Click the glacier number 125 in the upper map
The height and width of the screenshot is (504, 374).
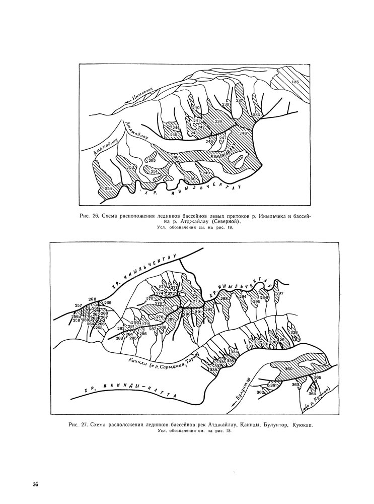(x=295, y=82)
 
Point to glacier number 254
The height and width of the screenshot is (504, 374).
(x=108, y=188)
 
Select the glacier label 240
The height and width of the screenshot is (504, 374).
(x=196, y=108)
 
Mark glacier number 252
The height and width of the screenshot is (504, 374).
(x=152, y=161)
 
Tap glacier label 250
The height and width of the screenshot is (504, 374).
(x=191, y=179)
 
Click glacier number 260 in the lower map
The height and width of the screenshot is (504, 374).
(x=92, y=300)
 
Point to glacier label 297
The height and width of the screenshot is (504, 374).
(x=280, y=293)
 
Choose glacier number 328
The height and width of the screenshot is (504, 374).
(x=294, y=332)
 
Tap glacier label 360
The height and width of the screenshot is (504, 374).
(x=288, y=369)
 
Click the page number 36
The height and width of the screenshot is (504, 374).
(x=36, y=484)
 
